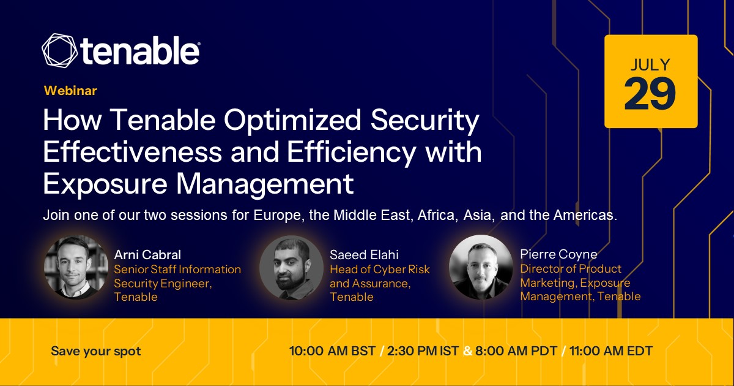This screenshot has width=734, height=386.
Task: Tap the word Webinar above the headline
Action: [70, 91]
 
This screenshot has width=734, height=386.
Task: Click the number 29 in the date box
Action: [650, 94]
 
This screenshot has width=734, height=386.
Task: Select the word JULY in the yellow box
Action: [650, 65]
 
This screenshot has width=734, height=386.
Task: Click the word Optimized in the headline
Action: [292, 120]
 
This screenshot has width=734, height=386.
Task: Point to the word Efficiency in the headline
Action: [352, 153]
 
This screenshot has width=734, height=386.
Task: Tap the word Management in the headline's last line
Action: [265, 184]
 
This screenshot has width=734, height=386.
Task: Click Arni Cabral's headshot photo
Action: [76, 268]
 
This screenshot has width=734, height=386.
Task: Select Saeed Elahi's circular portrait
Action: [291, 268]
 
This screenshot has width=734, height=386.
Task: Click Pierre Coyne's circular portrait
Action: [481, 267]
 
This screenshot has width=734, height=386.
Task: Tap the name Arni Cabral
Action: [147, 255]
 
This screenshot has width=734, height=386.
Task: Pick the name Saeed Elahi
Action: [364, 255]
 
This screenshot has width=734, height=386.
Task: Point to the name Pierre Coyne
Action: [558, 254]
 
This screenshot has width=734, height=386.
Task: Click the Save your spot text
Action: [95, 351]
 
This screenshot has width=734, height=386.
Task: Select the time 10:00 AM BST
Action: [332, 351]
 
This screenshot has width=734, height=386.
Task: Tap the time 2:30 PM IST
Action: [423, 351]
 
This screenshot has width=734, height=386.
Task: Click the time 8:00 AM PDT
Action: [516, 351]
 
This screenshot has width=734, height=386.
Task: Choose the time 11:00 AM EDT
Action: [611, 351]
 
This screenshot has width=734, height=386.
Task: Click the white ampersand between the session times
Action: [467, 351]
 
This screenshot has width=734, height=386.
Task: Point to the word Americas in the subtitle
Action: [585, 215]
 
